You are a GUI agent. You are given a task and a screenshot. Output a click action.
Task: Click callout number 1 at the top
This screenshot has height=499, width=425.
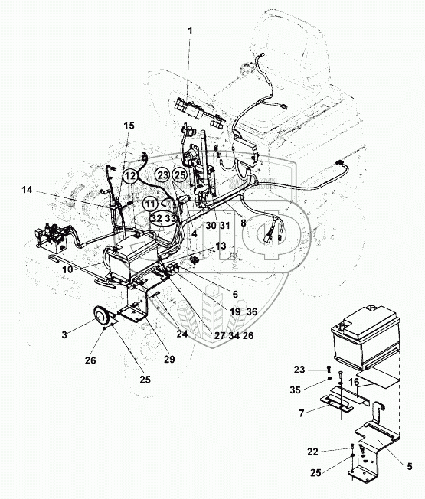pos(190,31)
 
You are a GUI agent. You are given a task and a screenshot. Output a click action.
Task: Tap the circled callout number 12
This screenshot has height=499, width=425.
pos(130,176)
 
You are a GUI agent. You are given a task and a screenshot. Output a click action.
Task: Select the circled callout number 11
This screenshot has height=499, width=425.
pos(149,204)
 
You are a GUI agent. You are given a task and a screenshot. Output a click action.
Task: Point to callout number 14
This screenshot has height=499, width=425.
pos(28,190)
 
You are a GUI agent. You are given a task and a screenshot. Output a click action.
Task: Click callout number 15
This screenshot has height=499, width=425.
pos(129,126)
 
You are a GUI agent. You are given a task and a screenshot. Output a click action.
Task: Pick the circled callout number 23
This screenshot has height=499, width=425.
pos(163,175)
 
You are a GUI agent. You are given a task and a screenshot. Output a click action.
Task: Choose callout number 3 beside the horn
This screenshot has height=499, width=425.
pos(64,335)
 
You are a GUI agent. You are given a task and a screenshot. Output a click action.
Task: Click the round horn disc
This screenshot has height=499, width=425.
pos(102,315)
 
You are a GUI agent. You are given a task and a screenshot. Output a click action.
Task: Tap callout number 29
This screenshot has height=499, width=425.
pos(169,359)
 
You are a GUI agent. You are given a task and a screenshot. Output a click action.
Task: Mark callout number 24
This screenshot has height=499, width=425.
pos(182,334)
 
